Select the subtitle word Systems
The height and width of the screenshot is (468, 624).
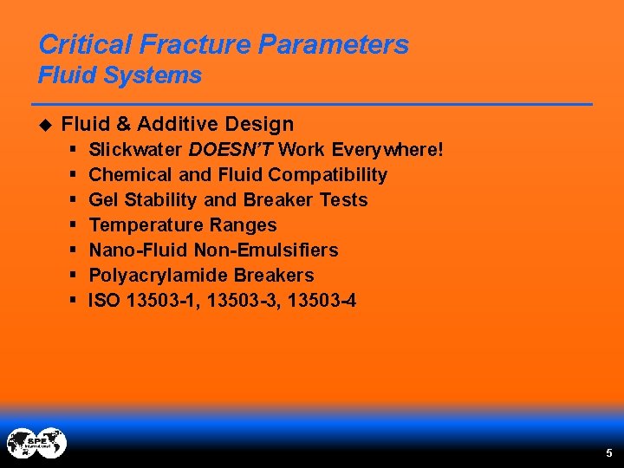point(153,75)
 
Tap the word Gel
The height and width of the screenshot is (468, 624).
point(104,200)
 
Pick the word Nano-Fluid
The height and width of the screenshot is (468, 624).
point(133,250)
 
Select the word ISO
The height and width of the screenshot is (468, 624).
point(105,301)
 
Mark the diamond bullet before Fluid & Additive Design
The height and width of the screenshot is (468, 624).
point(46,124)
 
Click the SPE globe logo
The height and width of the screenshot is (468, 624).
point(36,444)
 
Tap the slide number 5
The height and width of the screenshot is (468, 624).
point(608,452)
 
